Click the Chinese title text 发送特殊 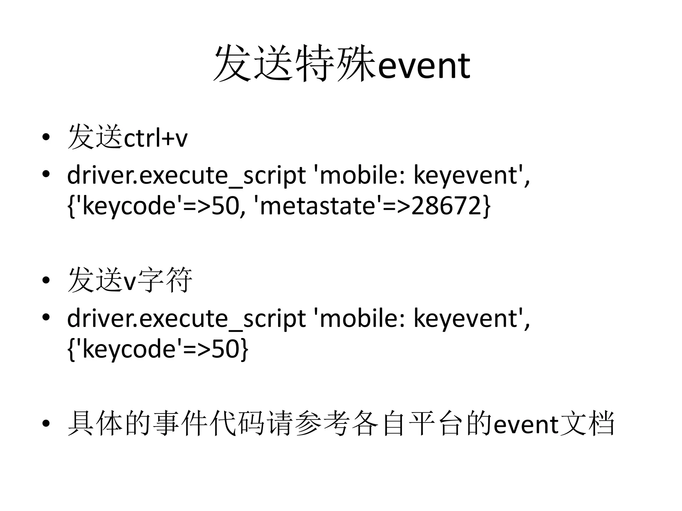[x=295, y=63]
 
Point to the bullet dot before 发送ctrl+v [x=46, y=137]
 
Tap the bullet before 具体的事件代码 [x=46, y=423]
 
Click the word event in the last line [x=526, y=425]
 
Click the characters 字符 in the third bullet [x=165, y=280]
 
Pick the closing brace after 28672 [x=487, y=206]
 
